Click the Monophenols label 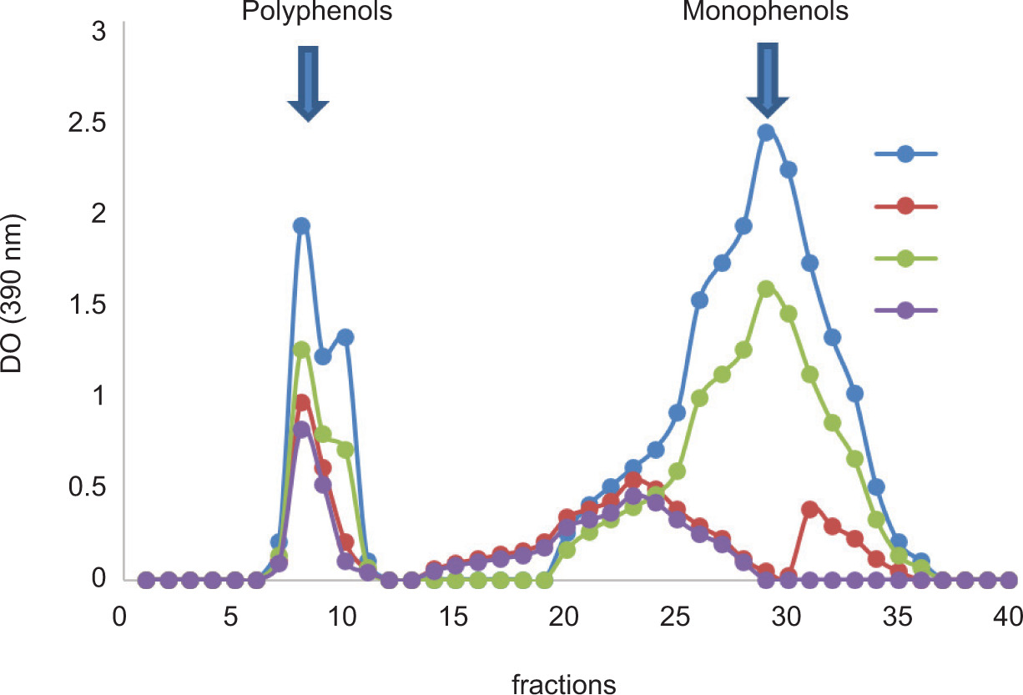[x=765, y=13]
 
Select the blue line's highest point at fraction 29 [x=766, y=132]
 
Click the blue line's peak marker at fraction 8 [x=301, y=225]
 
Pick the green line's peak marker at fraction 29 [x=766, y=289]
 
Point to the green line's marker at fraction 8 [x=301, y=350]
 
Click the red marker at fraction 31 [x=810, y=509]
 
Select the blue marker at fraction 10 [x=345, y=337]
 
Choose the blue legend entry [x=906, y=154]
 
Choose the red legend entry [x=906, y=207]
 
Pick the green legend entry [x=906, y=259]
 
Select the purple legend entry [x=906, y=310]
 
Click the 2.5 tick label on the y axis [x=88, y=123]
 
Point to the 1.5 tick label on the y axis [x=88, y=305]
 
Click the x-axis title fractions [x=563, y=684]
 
